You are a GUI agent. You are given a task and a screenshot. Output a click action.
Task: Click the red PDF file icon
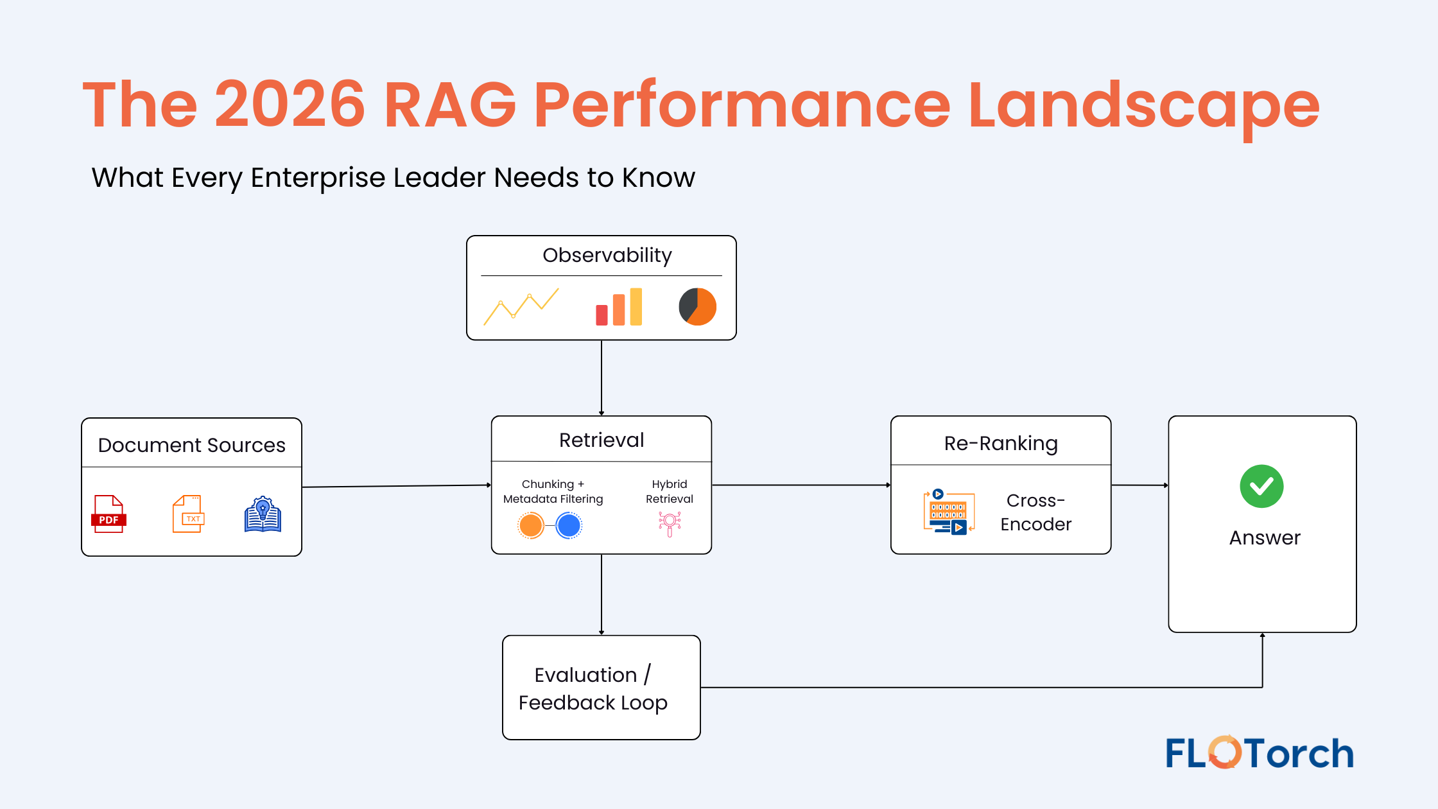pyautogui.click(x=108, y=514)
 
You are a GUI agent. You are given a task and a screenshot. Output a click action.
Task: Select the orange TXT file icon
pyautogui.click(x=188, y=514)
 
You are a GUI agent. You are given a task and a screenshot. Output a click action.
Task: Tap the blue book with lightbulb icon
pyautogui.click(x=263, y=514)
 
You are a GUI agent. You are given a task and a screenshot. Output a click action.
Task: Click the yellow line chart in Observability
pyautogui.click(x=521, y=306)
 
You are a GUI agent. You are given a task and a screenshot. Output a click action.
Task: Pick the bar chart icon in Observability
pyautogui.click(x=618, y=307)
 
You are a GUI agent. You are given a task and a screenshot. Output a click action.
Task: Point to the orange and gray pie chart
pyautogui.click(x=697, y=306)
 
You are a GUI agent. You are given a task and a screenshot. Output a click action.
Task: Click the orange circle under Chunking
pyautogui.click(x=531, y=525)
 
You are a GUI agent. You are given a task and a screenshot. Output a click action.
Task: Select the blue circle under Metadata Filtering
pyautogui.click(x=569, y=525)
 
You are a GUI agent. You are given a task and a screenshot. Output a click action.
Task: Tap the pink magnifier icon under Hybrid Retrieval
pyautogui.click(x=670, y=523)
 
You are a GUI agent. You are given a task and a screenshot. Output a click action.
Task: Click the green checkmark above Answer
pyautogui.click(x=1261, y=486)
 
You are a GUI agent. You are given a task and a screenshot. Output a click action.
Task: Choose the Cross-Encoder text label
pyautogui.click(x=1035, y=512)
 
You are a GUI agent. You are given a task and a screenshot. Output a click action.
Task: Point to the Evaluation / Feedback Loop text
pyautogui.click(x=593, y=688)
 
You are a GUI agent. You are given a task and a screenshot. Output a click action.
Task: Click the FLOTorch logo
pyautogui.click(x=1259, y=752)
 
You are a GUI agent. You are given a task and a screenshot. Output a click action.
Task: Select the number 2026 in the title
pyautogui.click(x=290, y=105)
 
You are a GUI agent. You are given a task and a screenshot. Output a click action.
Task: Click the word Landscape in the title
pyautogui.click(x=1143, y=105)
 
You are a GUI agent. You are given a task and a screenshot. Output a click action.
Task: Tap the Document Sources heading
pyautogui.click(x=191, y=445)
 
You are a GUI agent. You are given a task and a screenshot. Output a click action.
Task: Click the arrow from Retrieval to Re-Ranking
pyautogui.click(x=801, y=485)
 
